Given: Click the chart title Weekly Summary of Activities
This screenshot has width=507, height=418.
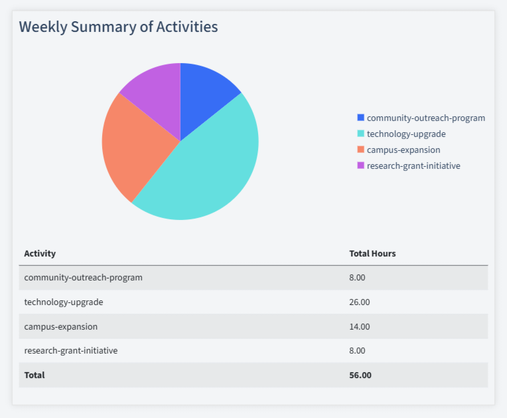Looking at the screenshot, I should pyautogui.click(x=118, y=27).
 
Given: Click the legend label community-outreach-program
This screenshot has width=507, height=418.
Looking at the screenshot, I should pyautogui.click(x=425, y=118).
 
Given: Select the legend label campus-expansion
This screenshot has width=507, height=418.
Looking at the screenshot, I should pyautogui.click(x=403, y=150).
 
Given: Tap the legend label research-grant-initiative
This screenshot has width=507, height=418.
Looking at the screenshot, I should pyautogui.click(x=413, y=166).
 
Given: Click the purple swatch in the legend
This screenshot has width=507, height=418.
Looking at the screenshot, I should pyautogui.click(x=360, y=165).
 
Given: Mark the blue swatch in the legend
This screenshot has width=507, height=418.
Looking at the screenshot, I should pyautogui.click(x=360, y=118).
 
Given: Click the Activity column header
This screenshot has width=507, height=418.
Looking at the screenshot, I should pyautogui.click(x=40, y=254).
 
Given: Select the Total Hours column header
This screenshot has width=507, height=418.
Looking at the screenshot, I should pyautogui.click(x=372, y=254).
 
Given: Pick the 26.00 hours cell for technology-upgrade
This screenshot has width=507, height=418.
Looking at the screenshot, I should pyautogui.click(x=360, y=302).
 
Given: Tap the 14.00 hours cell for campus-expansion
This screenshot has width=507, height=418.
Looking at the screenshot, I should pyautogui.click(x=360, y=326).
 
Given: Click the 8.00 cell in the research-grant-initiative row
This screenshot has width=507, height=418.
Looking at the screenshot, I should pyautogui.click(x=357, y=350).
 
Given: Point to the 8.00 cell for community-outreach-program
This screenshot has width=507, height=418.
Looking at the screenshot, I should pyautogui.click(x=357, y=278).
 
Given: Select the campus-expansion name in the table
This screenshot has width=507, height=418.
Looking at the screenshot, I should pyautogui.click(x=60, y=326).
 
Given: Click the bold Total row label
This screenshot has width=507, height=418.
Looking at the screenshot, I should pyautogui.click(x=35, y=375).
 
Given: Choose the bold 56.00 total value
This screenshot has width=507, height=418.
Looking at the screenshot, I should pyautogui.click(x=360, y=375).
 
